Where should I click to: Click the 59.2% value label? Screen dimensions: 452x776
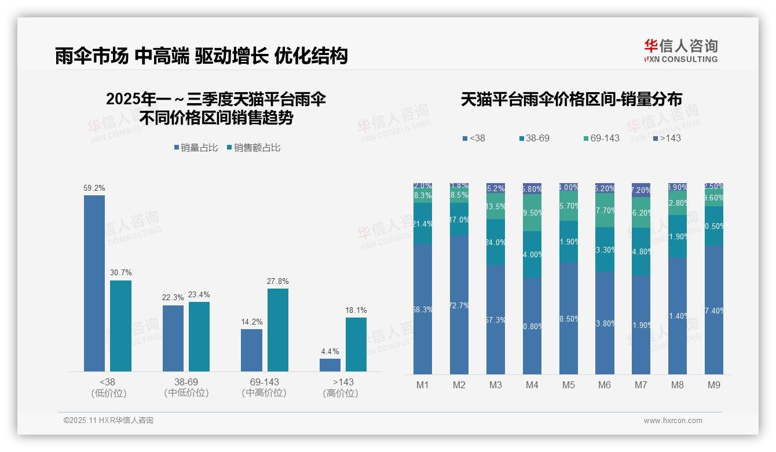pos(94,188)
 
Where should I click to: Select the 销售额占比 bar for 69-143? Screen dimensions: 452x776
pos(277,330)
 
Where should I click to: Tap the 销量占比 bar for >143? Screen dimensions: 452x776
pos(330,365)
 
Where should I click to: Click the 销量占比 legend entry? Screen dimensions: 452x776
pos(196,148)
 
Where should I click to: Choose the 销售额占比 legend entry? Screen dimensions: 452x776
pos(254,148)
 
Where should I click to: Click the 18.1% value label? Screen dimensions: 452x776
pos(356,310)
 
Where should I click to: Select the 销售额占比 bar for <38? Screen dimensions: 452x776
pos(120,326)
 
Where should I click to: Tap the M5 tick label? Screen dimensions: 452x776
pos(568,385)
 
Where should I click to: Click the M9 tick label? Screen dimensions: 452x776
pos(714,385)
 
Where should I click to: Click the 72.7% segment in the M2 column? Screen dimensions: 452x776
pos(459,305)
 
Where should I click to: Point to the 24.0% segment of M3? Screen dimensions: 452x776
pos(496,242)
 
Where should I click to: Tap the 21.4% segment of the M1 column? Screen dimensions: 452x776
pos(423,224)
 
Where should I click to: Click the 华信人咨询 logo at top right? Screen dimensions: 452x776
pos(680,50)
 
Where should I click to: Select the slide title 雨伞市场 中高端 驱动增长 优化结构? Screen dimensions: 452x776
pos(201,56)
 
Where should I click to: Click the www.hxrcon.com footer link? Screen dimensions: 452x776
pos(673,421)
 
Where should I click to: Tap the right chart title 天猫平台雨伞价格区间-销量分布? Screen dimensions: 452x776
pos(571,99)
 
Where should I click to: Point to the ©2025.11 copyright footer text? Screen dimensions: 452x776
pos(108,421)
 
